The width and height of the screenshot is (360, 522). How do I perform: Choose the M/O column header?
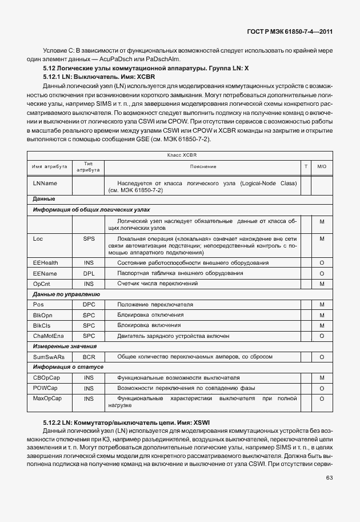(322, 166)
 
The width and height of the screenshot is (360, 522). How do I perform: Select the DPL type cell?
(89, 274)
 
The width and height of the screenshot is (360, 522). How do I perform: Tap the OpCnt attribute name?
(42, 284)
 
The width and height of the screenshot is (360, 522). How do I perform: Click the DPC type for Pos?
(89, 305)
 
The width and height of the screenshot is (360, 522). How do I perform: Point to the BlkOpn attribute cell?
(43, 315)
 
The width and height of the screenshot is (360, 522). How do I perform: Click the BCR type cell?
(89, 357)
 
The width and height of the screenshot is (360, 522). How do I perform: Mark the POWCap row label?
(45, 388)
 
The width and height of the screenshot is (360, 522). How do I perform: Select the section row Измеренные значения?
(65, 346)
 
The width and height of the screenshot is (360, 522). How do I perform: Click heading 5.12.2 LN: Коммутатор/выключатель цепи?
(126, 422)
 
